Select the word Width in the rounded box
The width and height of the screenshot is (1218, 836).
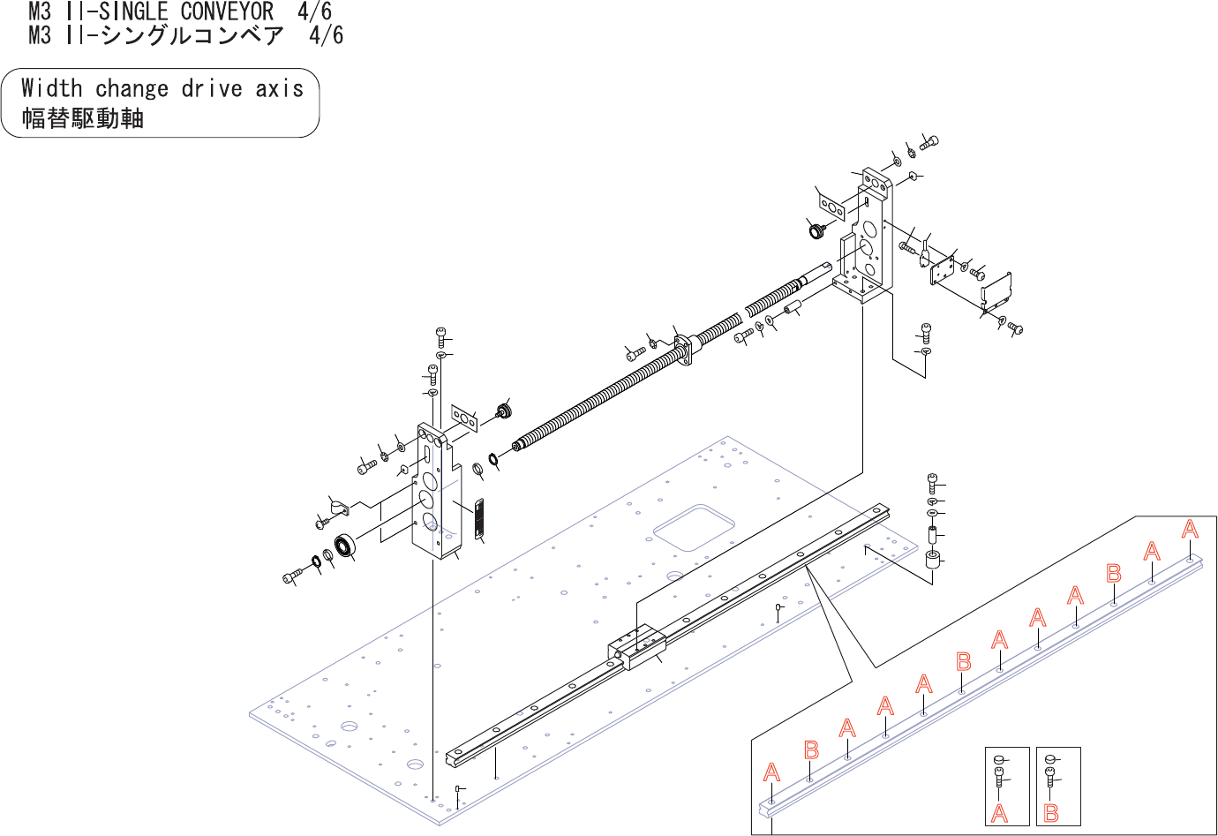pos(51,88)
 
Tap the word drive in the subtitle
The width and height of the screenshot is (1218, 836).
pos(212,88)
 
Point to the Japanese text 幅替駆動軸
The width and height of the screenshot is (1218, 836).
pos(82,118)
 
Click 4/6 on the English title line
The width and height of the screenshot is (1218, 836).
pos(314,12)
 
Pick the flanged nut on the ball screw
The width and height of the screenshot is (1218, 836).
pos(686,347)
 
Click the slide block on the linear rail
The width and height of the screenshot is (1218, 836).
pos(636,647)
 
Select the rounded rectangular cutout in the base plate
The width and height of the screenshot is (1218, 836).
pos(695,528)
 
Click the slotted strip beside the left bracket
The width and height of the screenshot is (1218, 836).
pos(479,519)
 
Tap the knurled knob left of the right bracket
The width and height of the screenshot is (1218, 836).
pos(816,231)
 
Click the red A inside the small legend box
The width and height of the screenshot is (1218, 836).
pos(999,813)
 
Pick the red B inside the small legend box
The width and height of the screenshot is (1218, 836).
pos(1051,813)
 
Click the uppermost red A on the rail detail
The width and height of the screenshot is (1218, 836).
pos(1190,530)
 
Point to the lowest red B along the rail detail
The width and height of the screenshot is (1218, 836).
pos(811,750)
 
